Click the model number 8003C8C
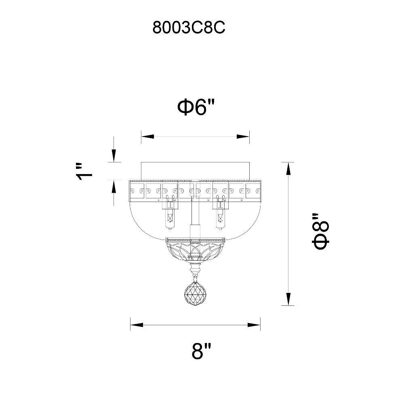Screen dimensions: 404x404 189,27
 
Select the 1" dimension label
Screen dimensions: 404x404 84,171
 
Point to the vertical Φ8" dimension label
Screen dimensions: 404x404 321,231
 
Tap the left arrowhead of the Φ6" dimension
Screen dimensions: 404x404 147,137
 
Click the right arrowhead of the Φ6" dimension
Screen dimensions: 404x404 243,137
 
